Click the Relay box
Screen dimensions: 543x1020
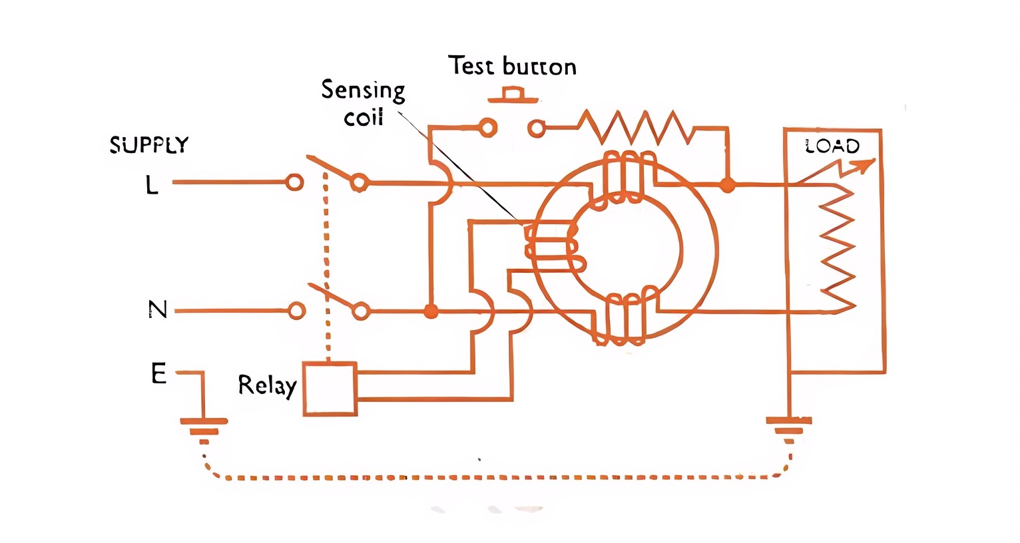click(330, 389)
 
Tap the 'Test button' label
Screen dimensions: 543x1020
click(511, 66)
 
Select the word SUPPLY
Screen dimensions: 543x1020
click(149, 145)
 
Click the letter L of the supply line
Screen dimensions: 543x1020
click(152, 184)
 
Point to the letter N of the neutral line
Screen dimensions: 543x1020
click(157, 310)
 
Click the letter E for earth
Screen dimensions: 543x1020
click(158, 374)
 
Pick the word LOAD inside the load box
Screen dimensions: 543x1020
click(832, 146)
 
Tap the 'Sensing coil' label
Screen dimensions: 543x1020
click(363, 103)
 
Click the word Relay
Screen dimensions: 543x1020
click(267, 385)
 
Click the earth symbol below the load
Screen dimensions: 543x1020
click(789, 429)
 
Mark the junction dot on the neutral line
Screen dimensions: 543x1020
click(431, 311)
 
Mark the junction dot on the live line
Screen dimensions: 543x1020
click(728, 185)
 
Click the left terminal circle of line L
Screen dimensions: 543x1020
click(294, 182)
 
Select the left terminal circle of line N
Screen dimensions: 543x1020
click(297, 311)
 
